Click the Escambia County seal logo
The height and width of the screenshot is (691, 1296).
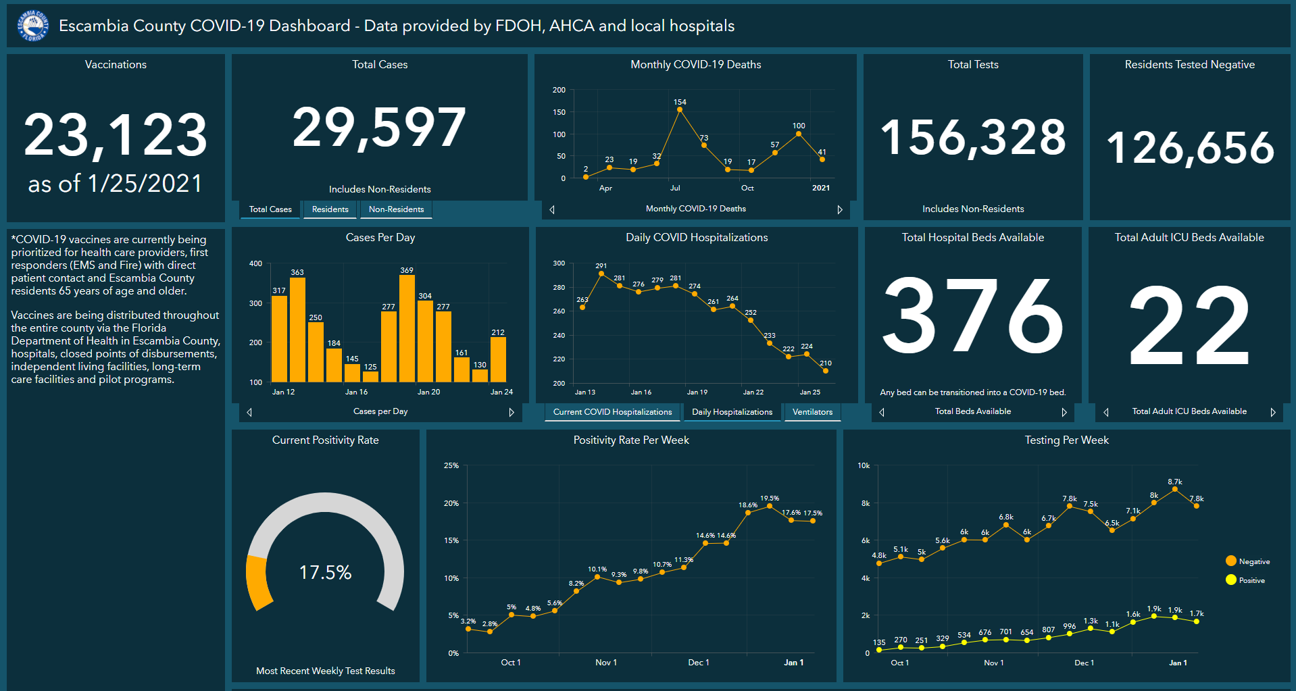[x=32, y=26]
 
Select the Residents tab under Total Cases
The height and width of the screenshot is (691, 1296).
[x=330, y=209]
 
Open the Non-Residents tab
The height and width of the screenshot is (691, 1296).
[x=396, y=209]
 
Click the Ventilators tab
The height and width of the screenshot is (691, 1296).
[x=812, y=412]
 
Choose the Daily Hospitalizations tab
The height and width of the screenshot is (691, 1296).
[x=732, y=412]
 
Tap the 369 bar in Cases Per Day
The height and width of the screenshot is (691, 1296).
[x=407, y=328]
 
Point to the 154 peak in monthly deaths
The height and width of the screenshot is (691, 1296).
[x=680, y=109]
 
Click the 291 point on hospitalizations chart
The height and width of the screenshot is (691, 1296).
[x=601, y=274]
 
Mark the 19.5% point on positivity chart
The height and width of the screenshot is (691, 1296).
[x=770, y=506]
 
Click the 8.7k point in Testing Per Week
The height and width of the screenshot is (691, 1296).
[x=1175, y=489]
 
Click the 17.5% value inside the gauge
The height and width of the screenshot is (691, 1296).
[x=325, y=573]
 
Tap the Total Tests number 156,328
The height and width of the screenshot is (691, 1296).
[x=973, y=137]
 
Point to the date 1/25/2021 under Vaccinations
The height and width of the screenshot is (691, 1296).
[x=145, y=184]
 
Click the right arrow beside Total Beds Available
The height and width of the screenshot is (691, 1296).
[x=1064, y=412]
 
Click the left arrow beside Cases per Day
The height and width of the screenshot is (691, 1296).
[x=249, y=412]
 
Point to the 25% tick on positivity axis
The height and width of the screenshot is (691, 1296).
[x=451, y=466]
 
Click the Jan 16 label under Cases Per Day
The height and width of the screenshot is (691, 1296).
[x=356, y=392]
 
